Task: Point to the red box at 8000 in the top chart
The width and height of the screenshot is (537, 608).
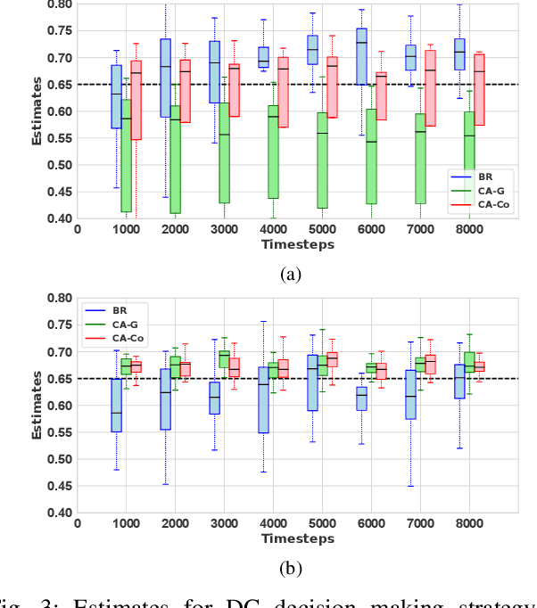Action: (x=479, y=89)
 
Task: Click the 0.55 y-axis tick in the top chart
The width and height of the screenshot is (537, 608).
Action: (x=60, y=166)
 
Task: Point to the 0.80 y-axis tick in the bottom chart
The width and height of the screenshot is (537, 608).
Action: (x=60, y=299)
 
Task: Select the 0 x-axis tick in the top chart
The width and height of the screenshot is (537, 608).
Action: (x=78, y=229)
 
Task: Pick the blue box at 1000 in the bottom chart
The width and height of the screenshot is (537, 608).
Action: (x=116, y=406)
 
